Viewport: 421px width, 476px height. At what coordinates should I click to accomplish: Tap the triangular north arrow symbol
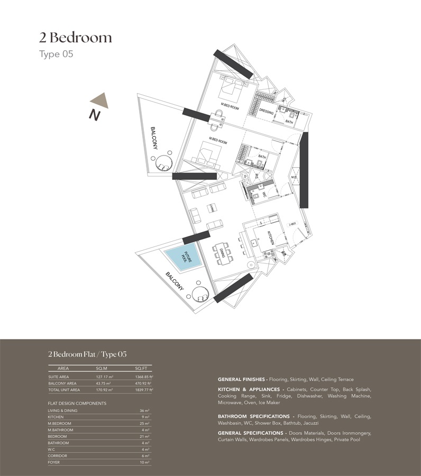(99, 100)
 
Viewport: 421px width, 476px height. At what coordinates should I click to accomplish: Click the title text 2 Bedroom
(76, 38)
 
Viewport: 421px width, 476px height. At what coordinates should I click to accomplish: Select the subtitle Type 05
(56, 54)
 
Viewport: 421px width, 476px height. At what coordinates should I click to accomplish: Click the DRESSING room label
(266, 112)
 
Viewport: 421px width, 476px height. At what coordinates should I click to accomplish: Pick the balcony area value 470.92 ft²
(143, 383)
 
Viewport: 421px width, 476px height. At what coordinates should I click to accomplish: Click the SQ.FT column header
(141, 368)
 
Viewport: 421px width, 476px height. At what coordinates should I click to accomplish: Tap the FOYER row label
(54, 462)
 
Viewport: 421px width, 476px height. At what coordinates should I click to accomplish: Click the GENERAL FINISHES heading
(241, 379)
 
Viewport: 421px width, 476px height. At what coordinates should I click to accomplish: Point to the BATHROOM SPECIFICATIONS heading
(253, 416)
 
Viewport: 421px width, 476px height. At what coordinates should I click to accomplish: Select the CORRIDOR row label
(57, 456)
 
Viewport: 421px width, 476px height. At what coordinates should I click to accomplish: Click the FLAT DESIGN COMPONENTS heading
(77, 404)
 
